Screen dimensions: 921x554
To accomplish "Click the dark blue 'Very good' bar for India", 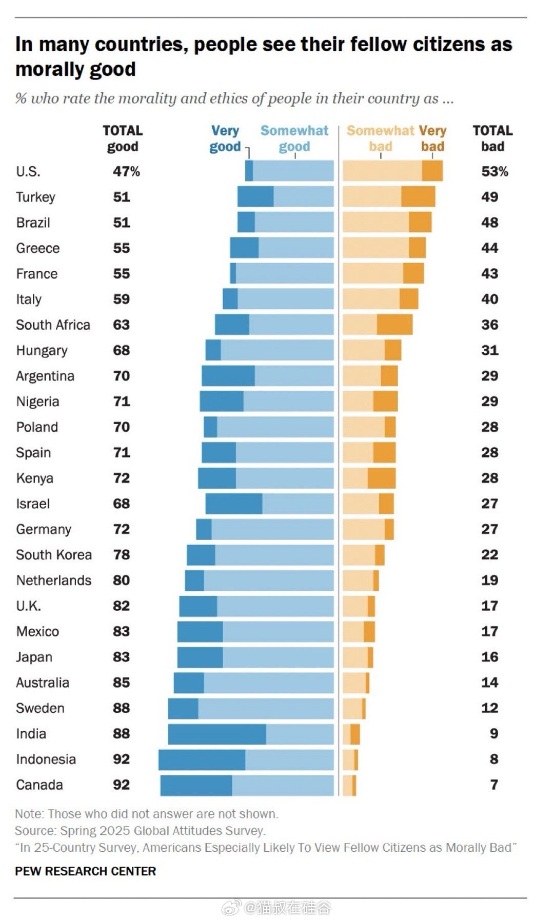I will click(x=216, y=734).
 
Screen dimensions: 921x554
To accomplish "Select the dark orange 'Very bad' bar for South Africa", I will click(x=394, y=325).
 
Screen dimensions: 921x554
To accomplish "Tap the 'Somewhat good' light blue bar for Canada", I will click(x=283, y=785).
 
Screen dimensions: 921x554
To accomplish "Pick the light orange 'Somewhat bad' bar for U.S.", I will click(x=382, y=171).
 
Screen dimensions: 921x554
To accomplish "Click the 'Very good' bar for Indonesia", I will click(x=202, y=759).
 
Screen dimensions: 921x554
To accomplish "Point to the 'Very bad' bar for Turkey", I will click(x=418, y=196).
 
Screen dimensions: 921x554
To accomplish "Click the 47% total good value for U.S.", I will click(x=126, y=171).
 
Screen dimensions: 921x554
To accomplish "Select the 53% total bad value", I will click(x=494, y=171).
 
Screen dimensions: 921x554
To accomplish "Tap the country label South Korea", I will click(x=54, y=555).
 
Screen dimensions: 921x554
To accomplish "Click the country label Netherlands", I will click(x=54, y=580).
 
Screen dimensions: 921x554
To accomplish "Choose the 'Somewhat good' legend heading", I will click(x=294, y=138).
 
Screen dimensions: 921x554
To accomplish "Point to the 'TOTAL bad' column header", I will click(x=492, y=138).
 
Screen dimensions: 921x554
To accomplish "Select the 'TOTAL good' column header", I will click(x=123, y=138).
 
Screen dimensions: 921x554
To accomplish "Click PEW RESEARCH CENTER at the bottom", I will click(x=85, y=871).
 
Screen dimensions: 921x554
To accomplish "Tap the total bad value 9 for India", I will click(x=493, y=734).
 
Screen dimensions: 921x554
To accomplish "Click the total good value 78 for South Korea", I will click(x=122, y=555).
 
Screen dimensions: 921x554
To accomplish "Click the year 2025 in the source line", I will click(x=115, y=831).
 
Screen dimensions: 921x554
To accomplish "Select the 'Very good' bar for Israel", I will click(x=234, y=504).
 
